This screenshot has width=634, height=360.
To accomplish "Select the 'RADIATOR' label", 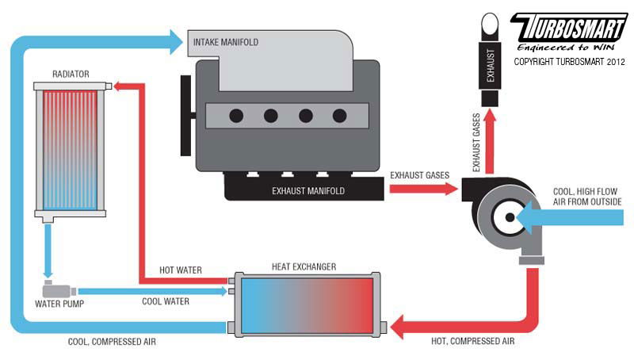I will point(71,74).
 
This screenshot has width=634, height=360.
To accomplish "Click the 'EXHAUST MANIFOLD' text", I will point(308,190).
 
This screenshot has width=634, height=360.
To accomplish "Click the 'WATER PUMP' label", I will point(58,303).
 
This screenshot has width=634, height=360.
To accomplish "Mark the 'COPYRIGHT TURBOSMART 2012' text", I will point(568,61).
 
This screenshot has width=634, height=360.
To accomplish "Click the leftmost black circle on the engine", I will point(236,116).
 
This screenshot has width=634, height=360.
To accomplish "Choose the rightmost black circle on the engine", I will point(340,116).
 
